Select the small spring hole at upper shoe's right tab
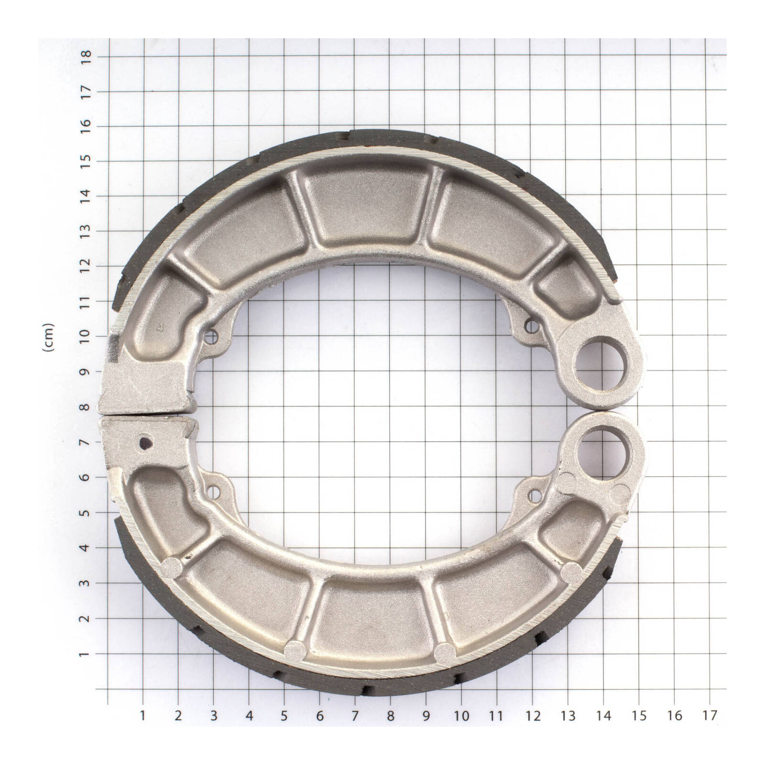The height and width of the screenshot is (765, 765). [531, 326]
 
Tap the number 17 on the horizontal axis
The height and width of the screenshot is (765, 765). [710, 715]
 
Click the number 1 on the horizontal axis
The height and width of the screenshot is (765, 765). [142, 715]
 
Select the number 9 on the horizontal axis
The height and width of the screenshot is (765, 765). [426, 715]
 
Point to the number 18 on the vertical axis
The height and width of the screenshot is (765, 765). [86, 56]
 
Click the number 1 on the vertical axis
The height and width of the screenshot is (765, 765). [86, 654]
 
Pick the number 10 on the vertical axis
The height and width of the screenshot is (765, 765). [86, 336]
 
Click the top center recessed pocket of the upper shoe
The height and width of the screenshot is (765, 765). [368, 206]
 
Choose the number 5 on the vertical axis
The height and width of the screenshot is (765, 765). [86, 513]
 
